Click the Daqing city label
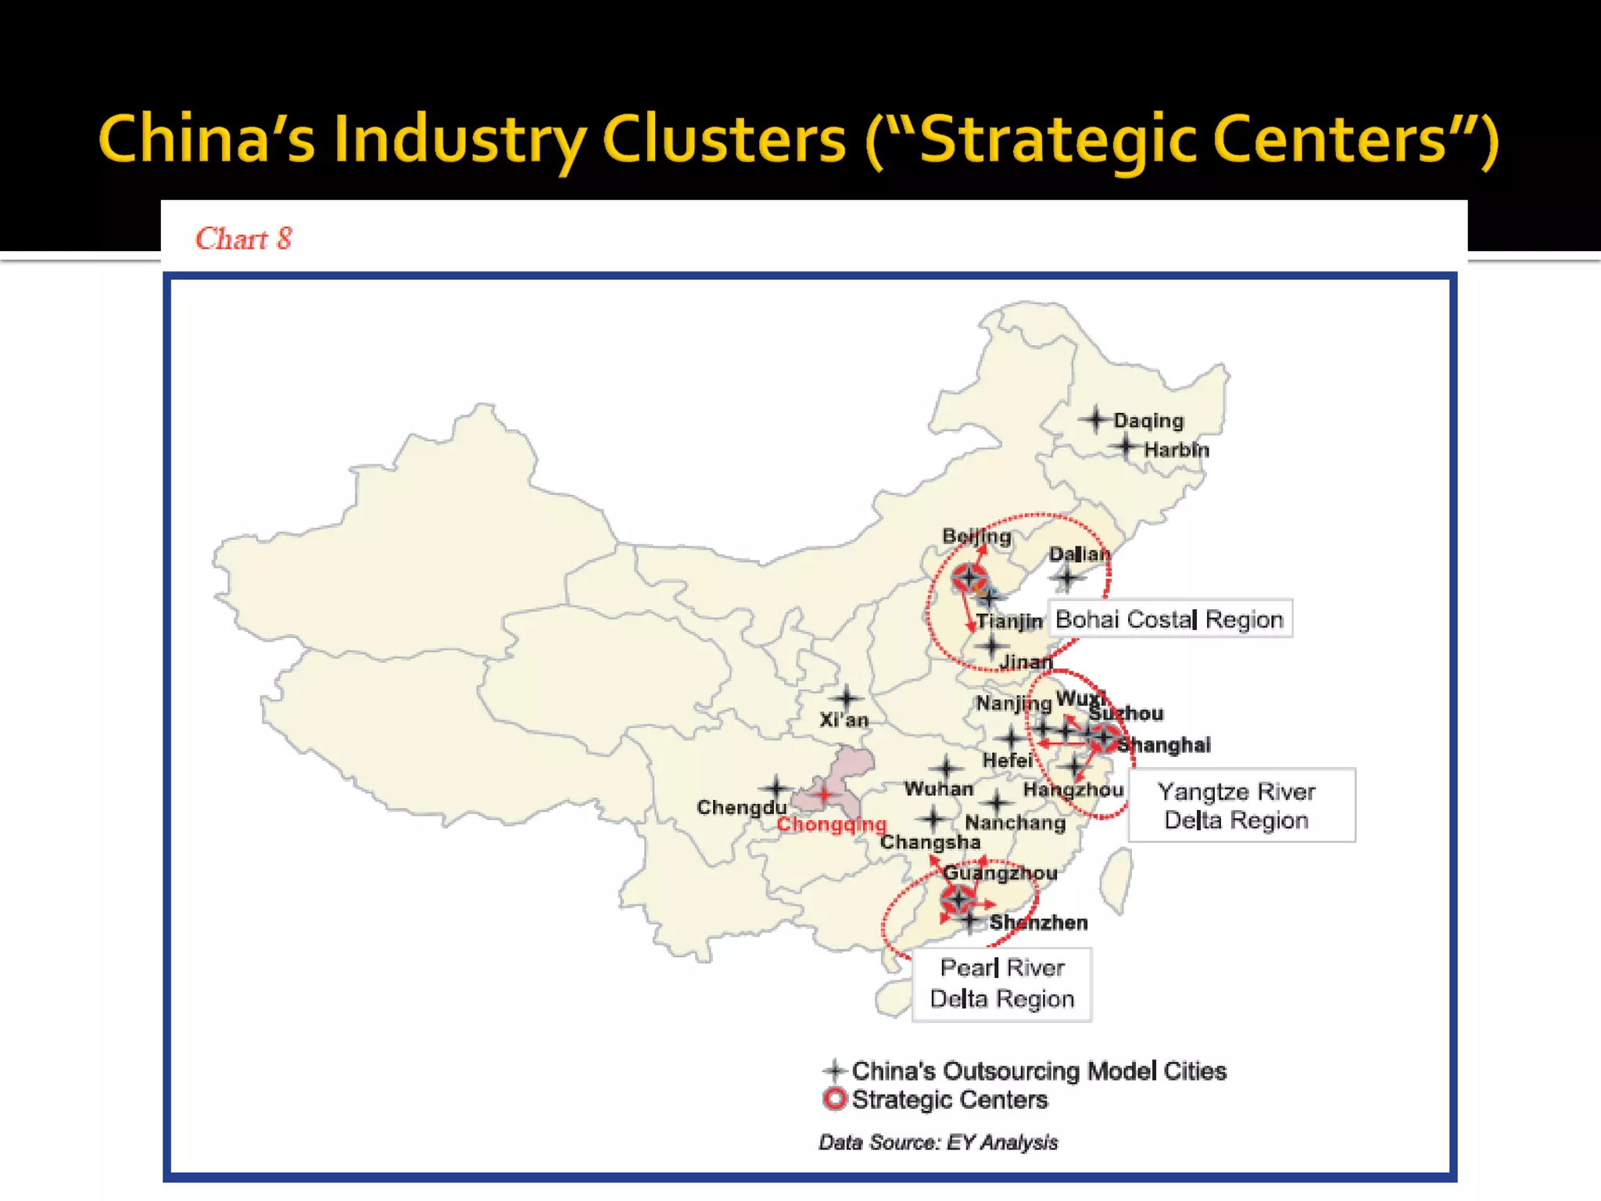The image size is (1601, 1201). (x=1148, y=421)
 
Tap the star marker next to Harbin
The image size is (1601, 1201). (x=1126, y=447)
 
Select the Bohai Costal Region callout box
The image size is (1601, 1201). (x=1169, y=619)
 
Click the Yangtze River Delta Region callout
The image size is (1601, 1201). (x=1241, y=805)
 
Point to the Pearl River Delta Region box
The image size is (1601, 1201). (x=1002, y=984)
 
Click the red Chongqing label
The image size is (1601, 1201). (x=831, y=824)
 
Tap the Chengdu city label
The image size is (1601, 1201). (x=741, y=807)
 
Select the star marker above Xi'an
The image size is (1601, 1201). (x=846, y=697)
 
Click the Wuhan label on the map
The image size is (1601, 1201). (x=939, y=789)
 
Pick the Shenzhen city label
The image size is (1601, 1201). (x=1038, y=923)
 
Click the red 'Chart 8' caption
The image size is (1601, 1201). (x=243, y=238)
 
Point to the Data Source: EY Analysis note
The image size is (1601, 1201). (x=938, y=1142)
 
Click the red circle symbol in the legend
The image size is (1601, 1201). (x=835, y=1099)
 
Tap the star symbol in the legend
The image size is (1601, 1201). (x=835, y=1070)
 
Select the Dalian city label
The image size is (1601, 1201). (x=1079, y=554)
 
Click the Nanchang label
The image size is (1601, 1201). (x=1015, y=823)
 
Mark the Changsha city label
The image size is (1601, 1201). (x=930, y=842)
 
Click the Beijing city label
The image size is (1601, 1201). (x=976, y=536)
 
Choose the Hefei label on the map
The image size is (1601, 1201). (x=1007, y=760)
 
